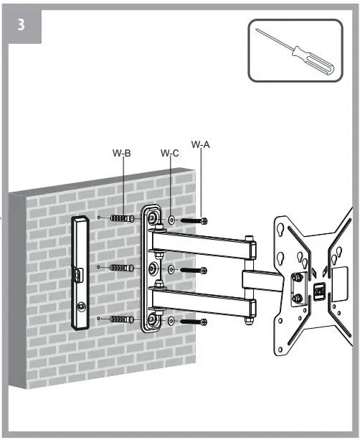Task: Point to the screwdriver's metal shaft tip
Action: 259,32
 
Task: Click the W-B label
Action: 122,152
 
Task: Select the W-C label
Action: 170,153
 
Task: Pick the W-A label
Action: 201,144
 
